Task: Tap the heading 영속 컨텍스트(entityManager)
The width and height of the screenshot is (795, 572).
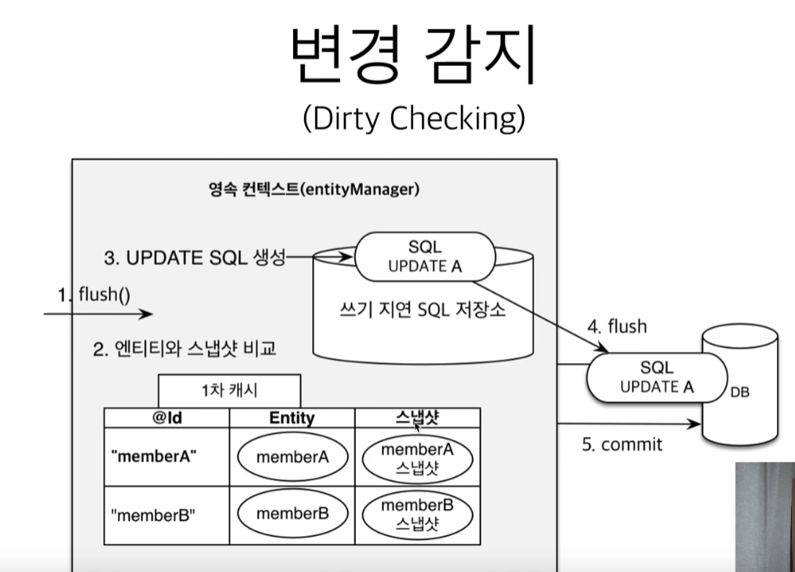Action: click(314, 189)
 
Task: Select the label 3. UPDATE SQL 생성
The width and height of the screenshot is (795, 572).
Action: click(194, 257)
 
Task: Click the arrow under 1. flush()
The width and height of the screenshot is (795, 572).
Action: click(98, 314)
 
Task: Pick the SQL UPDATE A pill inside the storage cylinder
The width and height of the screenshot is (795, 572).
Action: click(425, 257)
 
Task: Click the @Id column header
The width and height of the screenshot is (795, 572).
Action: click(167, 418)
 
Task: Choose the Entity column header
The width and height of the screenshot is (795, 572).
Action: click(291, 418)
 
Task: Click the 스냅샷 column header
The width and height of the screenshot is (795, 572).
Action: click(416, 418)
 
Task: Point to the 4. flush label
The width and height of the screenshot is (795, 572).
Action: click(619, 326)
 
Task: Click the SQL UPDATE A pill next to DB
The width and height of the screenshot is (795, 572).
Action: click(658, 376)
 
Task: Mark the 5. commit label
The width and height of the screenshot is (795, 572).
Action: click(622, 444)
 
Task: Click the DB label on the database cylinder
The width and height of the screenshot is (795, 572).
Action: click(740, 390)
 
